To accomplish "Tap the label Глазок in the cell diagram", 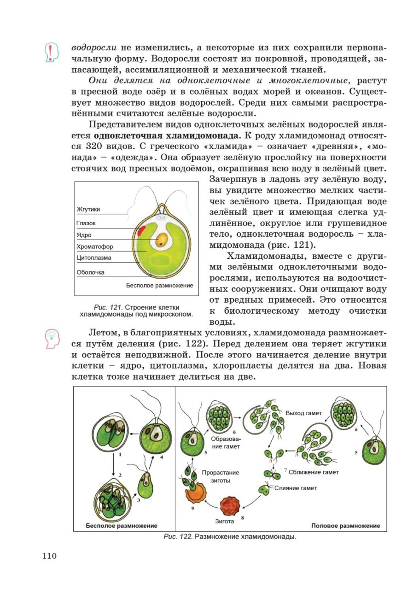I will pyautogui.click(x=86, y=223).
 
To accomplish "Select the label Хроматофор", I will pyautogui.click(x=95, y=246).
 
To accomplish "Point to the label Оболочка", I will pyautogui.click(x=90, y=272).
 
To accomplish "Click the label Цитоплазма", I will pyautogui.click(x=94, y=258).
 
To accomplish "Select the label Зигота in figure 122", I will pyautogui.click(x=225, y=522).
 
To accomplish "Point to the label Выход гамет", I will pyautogui.click(x=304, y=413).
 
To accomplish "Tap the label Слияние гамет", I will pyautogui.click(x=296, y=488).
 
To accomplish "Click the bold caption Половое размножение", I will pyautogui.click(x=345, y=526).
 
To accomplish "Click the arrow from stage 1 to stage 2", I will pyautogui.click(x=113, y=466).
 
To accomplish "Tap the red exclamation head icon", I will pyautogui.click(x=52, y=52).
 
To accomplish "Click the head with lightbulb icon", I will pyautogui.click(x=52, y=340).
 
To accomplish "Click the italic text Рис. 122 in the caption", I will pyautogui.click(x=178, y=537).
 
